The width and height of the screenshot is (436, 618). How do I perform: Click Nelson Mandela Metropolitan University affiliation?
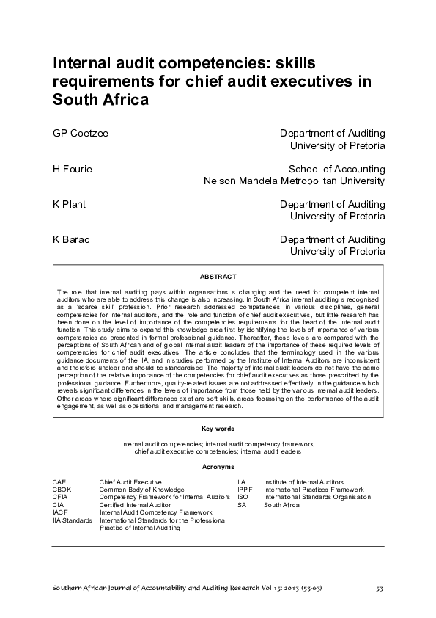(x=294, y=181)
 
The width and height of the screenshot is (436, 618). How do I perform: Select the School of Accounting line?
(x=336, y=169)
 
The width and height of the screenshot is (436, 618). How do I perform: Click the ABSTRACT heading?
(x=218, y=277)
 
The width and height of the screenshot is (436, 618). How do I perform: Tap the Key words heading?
(x=218, y=429)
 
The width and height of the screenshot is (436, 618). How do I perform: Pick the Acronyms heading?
(x=218, y=467)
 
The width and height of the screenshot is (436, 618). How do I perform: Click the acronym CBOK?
(x=62, y=489)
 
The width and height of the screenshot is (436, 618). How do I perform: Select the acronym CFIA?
(x=61, y=497)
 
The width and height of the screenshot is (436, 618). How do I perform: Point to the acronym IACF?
(x=61, y=512)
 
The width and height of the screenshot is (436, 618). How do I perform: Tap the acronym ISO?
(x=243, y=497)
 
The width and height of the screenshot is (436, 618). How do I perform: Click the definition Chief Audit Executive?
(x=131, y=481)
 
